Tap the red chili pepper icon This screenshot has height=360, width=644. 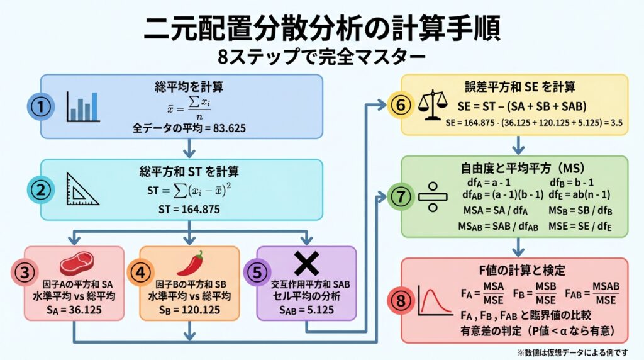coord(190,263)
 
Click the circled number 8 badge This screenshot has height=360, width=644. coord(401,301)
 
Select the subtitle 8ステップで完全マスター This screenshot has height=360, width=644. coord(321,57)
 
